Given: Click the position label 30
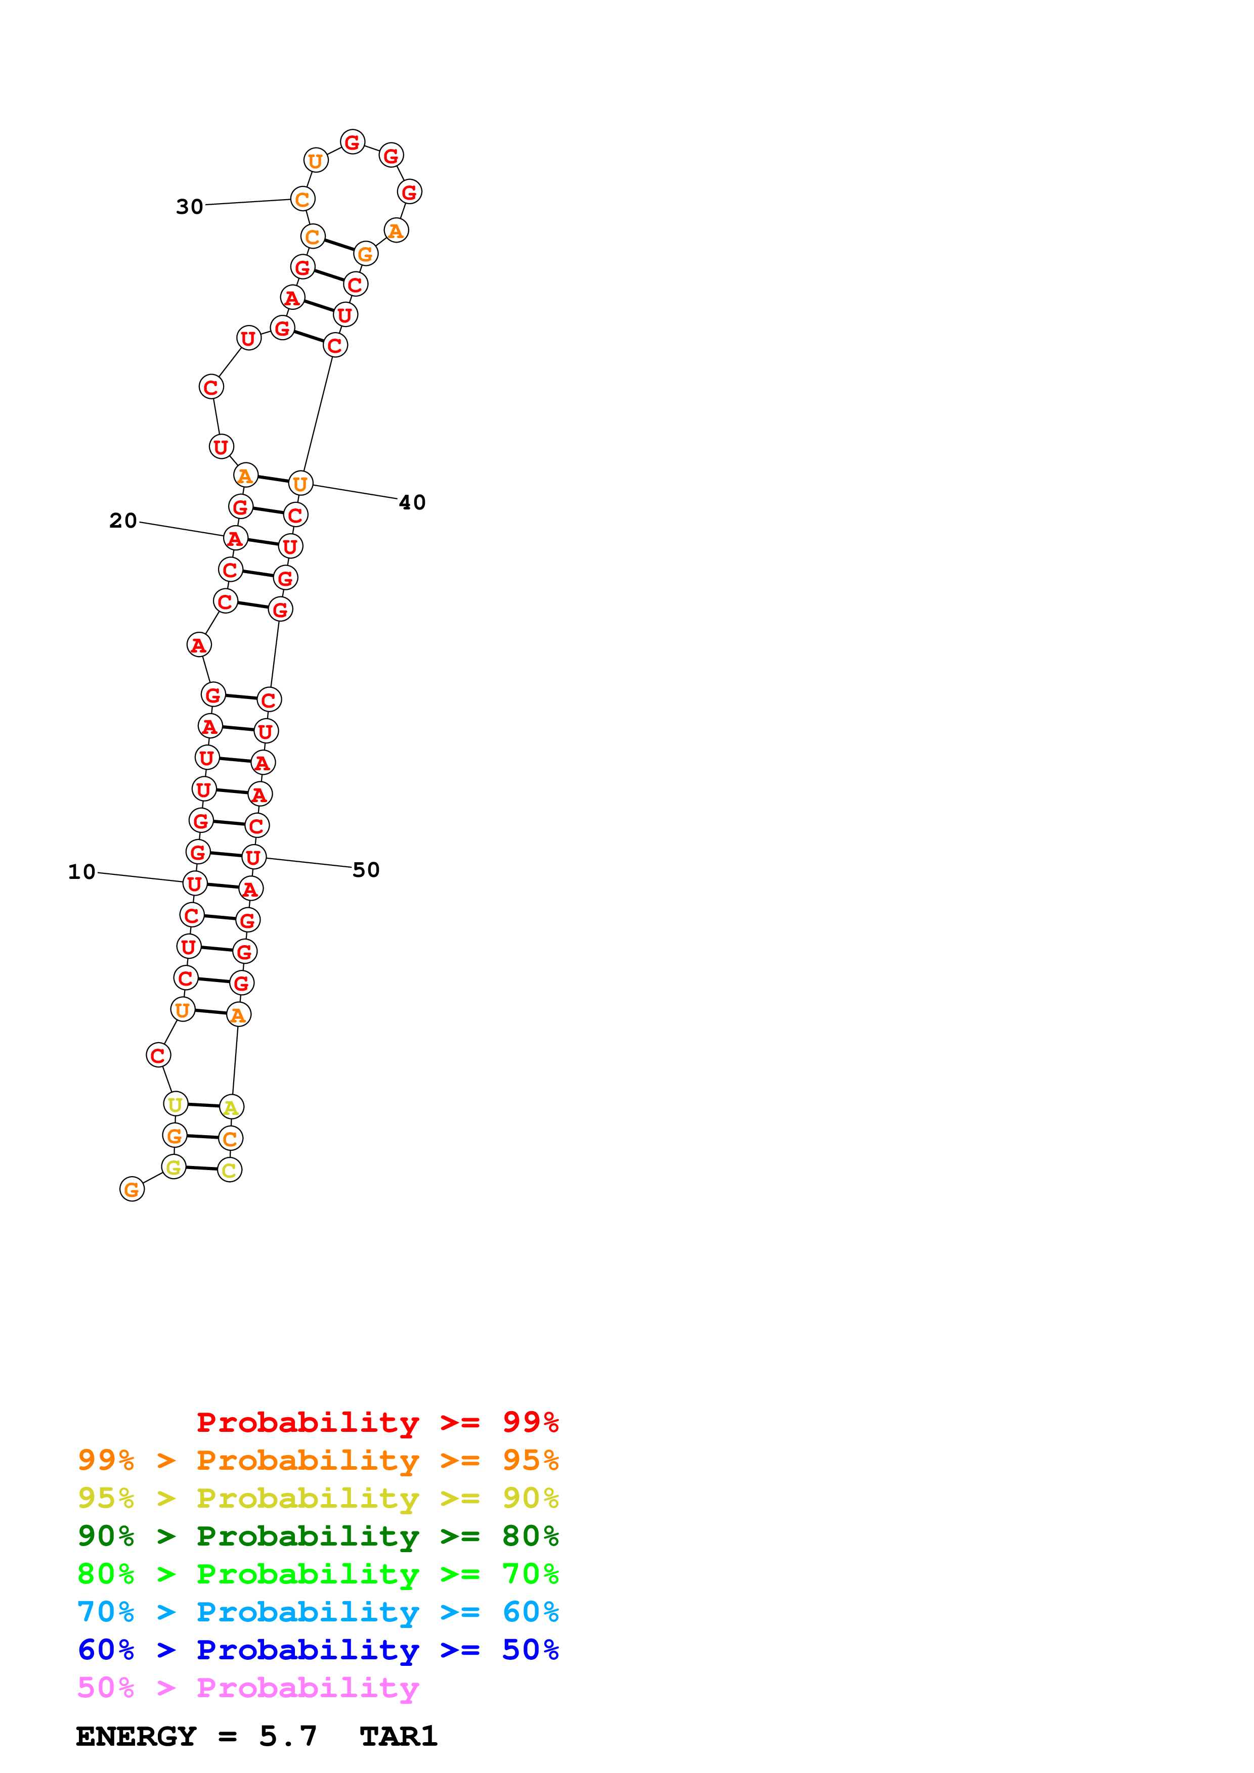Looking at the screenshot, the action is click(189, 207).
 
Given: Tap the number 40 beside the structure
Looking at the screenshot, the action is click(412, 503).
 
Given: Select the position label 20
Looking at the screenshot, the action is click(123, 521).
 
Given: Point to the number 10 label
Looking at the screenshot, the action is click(82, 872).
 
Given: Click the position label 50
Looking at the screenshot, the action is click(365, 870).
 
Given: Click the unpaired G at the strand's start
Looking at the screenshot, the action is click(132, 1189).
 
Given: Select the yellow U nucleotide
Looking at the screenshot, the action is click(176, 1104).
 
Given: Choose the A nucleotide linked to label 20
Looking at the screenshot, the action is click(235, 538).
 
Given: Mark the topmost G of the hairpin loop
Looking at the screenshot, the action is click(353, 142).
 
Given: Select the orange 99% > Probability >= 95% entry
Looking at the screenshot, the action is click(318, 1460).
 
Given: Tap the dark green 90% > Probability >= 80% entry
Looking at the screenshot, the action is click(318, 1536).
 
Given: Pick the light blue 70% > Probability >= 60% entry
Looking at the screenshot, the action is click(318, 1612).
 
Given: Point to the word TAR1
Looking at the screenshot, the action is click(398, 1736).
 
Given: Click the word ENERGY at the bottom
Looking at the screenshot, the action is click(136, 1736).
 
